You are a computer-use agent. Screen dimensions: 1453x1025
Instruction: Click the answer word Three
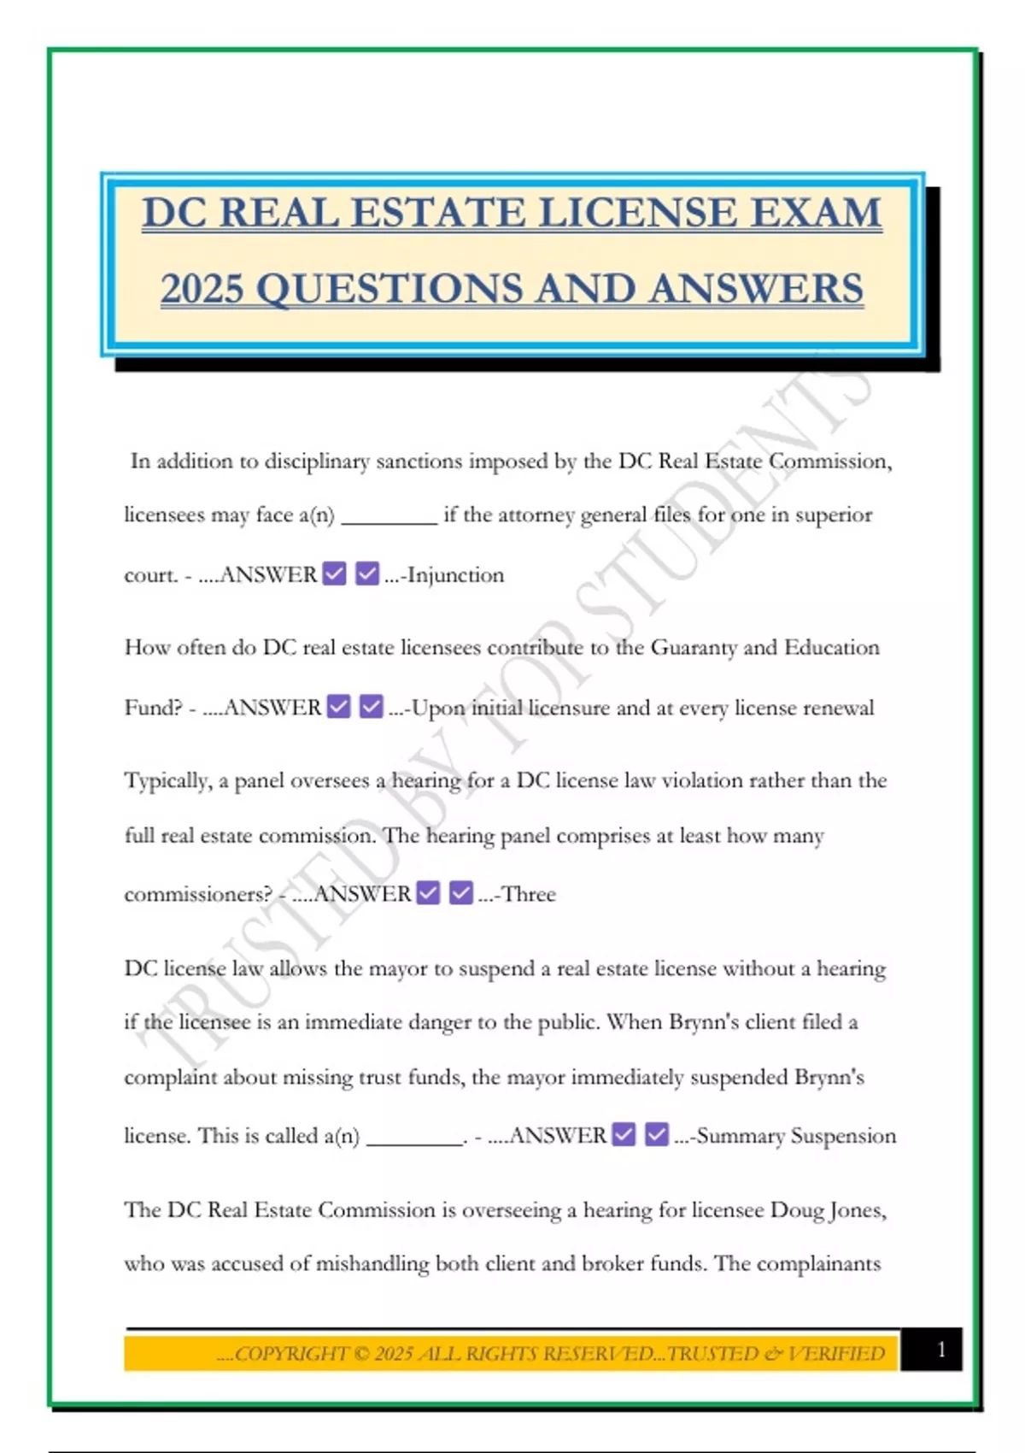529,894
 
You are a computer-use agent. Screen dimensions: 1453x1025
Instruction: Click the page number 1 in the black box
940,1350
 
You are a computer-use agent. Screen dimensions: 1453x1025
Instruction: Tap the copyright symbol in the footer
361,1354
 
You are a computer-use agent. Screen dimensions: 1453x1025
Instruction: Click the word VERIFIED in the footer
836,1354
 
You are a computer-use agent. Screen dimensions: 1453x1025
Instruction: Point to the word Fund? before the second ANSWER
154,708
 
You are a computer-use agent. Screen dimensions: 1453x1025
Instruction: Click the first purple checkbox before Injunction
335,574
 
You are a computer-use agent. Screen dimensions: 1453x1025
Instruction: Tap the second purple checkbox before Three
460,893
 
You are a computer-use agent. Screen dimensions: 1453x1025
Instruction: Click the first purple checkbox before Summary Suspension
624,1135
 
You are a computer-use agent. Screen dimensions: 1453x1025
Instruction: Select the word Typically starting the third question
167,781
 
